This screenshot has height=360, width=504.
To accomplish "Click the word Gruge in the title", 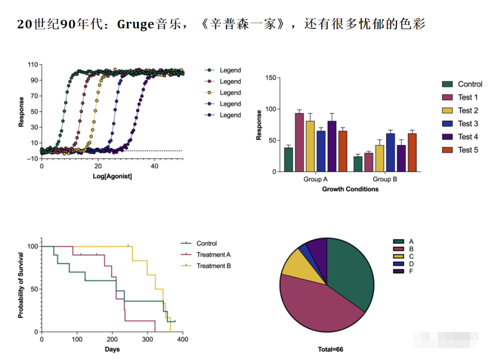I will coord(135,23).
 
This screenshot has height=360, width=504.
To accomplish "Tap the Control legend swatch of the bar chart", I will coord(448,84).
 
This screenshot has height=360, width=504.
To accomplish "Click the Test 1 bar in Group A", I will coord(299,142).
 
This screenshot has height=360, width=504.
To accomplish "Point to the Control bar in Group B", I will coord(358,164).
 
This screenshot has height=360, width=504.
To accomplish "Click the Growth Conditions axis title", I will coord(350,189).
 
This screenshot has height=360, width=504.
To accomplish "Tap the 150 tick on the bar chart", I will coord(270,78).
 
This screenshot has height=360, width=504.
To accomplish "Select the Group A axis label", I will coord(316,180).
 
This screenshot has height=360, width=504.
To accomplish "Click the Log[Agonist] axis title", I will coord(112,176).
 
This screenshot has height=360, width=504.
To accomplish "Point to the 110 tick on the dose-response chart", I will coord(32,64).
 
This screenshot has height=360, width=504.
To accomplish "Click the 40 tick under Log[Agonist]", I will coord(154,166).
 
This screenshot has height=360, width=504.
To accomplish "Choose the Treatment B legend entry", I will coord(213,266).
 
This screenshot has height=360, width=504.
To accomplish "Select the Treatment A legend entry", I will coord(213,255).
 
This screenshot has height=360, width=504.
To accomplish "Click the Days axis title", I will coord(112,349).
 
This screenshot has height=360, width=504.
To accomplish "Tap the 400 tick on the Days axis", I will coord(182,339).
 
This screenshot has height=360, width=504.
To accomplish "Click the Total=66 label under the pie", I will coord(330,349).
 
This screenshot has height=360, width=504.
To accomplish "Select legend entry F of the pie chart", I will coord(411,271).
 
